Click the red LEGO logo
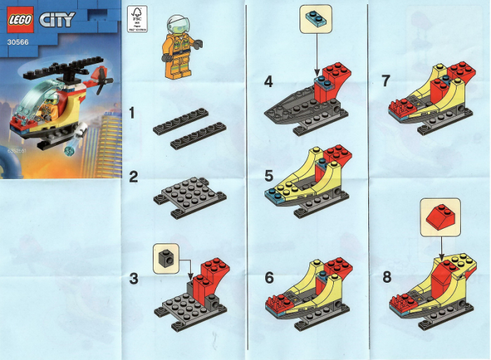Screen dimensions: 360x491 (x=21, y=20)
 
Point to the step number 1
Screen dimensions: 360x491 (x=134, y=113)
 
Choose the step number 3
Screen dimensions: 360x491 (x=134, y=279)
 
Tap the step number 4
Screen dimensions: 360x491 (x=269, y=81)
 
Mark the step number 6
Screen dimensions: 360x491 (x=269, y=277)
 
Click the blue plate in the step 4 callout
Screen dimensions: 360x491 (x=316, y=19)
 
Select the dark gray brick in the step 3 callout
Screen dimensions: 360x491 (x=166, y=258)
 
